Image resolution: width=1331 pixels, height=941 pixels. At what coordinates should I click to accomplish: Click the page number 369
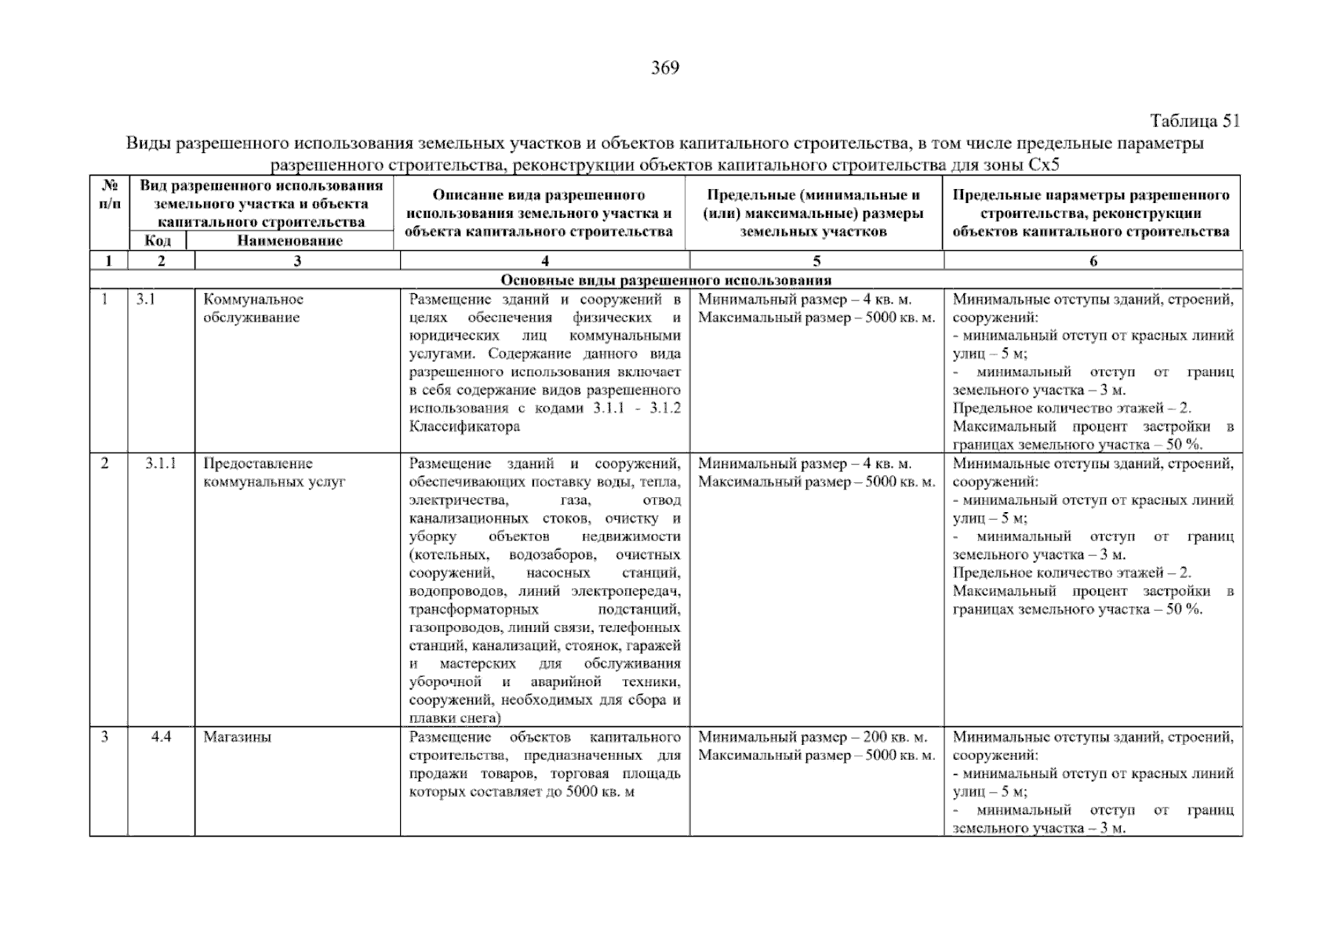pyautogui.click(x=665, y=68)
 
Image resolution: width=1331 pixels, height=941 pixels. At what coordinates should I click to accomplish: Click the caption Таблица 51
pyautogui.click(x=1195, y=121)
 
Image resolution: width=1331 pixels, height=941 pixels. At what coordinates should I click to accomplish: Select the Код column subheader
pyautogui.click(x=158, y=241)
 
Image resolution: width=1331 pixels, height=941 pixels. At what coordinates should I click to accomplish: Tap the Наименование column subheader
pyautogui.click(x=289, y=241)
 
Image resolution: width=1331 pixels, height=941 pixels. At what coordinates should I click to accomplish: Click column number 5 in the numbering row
pyautogui.click(x=816, y=261)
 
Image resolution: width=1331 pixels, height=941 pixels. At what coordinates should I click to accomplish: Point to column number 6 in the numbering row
pyautogui.click(x=1093, y=261)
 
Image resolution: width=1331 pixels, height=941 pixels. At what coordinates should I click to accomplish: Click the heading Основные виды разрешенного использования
pyautogui.click(x=666, y=280)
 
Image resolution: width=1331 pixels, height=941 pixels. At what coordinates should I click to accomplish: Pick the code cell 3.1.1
pyautogui.click(x=161, y=463)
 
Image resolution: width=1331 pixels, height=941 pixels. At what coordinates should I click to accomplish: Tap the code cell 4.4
pyautogui.click(x=162, y=737)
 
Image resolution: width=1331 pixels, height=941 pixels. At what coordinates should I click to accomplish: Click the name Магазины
pyautogui.click(x=237, y=737)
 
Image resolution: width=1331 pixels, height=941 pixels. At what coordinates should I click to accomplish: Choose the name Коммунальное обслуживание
pyautogui.click(x=253, y=308)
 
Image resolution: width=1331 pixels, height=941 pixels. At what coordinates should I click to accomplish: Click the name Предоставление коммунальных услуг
pyautogui.click(x=274, y=472)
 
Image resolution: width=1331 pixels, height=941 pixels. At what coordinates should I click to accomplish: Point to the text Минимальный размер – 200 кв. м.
pyautogui.click(x=813, y=737)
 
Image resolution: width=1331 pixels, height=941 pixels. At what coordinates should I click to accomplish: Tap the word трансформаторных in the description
pyautogui.click(x=474, y=609)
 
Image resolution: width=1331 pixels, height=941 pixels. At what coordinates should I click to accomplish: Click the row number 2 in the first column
pyautogui.click(x=105, y=463)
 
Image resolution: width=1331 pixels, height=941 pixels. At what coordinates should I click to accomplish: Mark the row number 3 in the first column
pyautogui.click(x=105, y=737)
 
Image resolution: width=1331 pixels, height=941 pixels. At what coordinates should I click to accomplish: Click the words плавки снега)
pyautogui.click(x=455, y=718)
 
